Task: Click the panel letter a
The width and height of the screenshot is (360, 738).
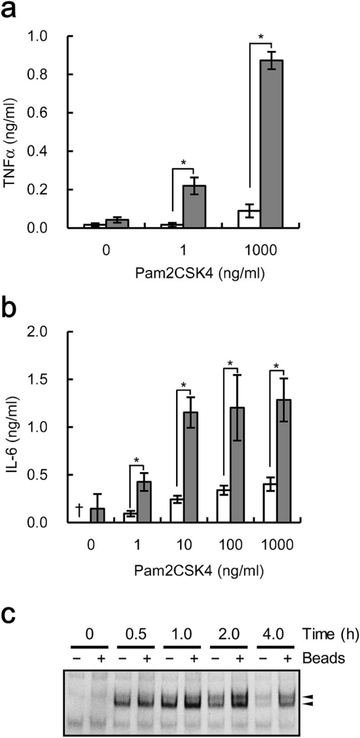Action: [x=12, y=11]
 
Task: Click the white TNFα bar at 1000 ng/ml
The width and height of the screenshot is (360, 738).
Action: [x=249, y=219]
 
